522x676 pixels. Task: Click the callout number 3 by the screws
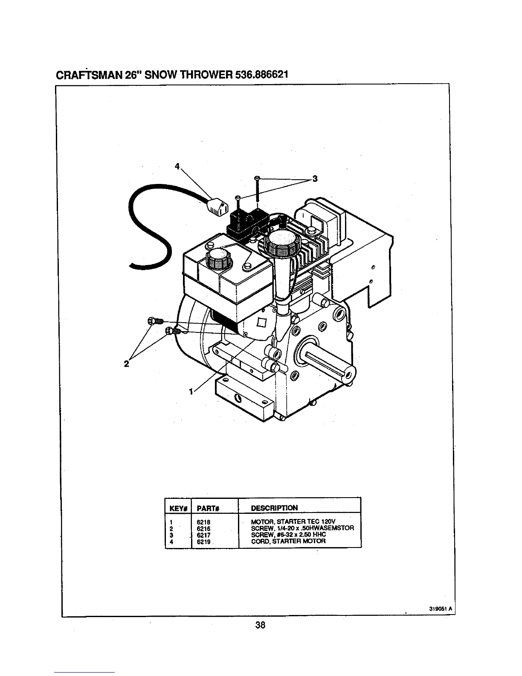(x=315, y=179)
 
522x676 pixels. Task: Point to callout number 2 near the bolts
(x=126, y=364)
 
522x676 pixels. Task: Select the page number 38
(x=261, y=625)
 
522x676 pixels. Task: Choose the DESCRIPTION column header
(x=274, y=508)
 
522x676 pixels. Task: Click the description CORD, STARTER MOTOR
(x=282, y=541)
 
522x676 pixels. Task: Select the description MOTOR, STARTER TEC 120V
(x=288, y=522)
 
